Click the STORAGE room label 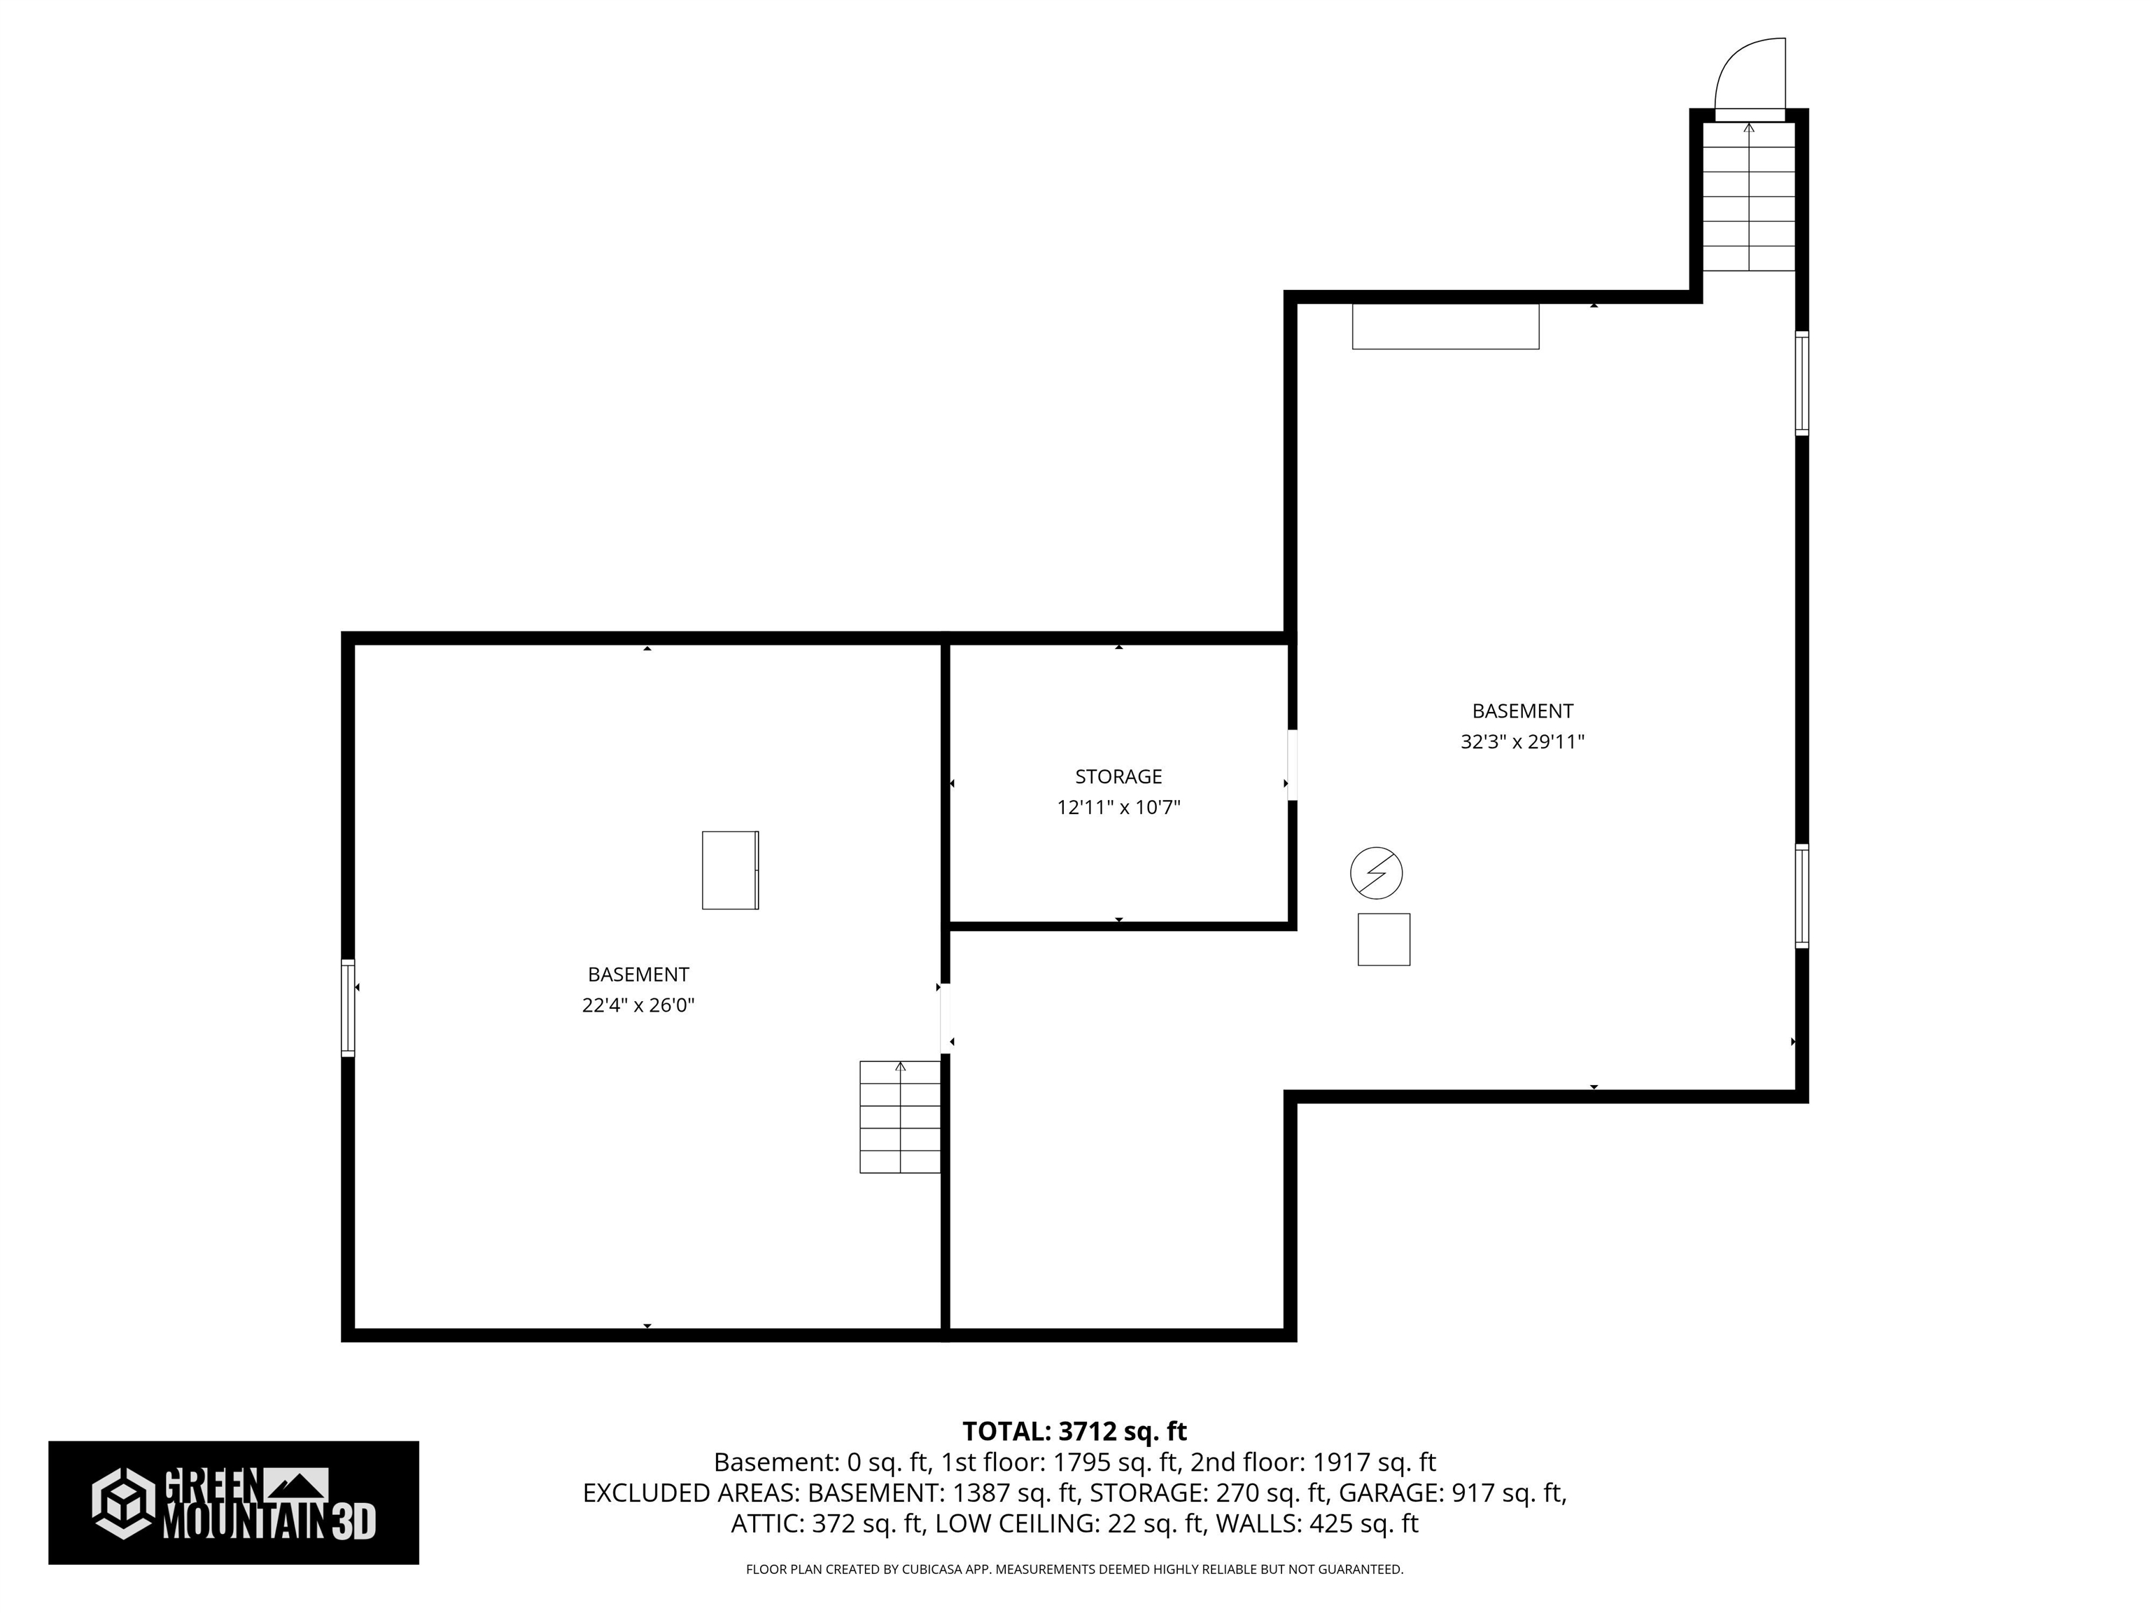click(x=1118, y=776)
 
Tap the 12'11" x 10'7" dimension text click(x=1118, y=807)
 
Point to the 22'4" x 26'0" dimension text click(x=638, y=1005)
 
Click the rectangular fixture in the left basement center click(x=730, y=870)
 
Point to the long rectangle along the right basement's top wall click(x=1445, y=327)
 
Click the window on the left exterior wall click(x=348, y=1007)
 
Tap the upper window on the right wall click(x=1800, y=382)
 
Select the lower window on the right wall click(x=1800, y=895)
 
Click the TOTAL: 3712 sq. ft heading click(x=1074, y=1431)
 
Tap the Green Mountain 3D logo click(x=233, y=1503)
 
